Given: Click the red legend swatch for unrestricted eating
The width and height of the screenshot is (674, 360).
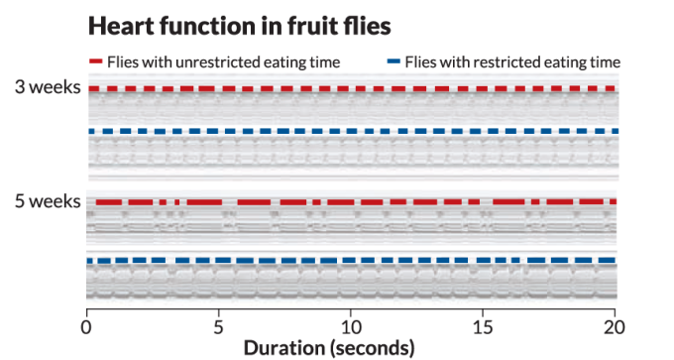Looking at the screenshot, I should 96,61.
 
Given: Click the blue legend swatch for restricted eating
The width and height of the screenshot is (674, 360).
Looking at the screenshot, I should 393,61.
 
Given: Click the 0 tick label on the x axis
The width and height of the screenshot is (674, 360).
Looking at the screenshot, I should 87,325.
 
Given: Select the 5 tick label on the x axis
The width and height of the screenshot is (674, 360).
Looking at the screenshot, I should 219,325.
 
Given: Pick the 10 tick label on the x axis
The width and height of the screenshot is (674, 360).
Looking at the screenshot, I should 351,325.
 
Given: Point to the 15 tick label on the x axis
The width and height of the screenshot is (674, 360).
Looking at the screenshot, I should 483,325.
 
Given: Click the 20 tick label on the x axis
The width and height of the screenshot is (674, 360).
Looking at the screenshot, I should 615,325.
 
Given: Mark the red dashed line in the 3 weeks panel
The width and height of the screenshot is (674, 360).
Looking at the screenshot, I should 352,89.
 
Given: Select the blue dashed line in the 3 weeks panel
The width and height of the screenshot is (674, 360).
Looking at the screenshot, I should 352,131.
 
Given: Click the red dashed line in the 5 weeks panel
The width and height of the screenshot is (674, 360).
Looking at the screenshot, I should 352,202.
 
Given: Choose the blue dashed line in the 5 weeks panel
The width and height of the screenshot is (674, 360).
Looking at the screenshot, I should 352,261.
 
